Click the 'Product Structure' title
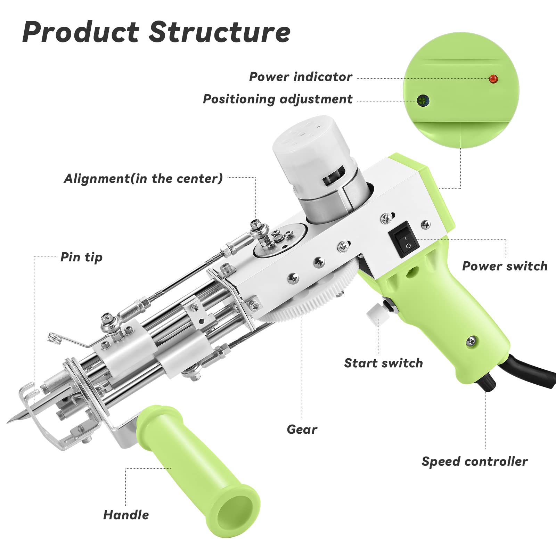coord(156,32)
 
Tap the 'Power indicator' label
coord(301,77)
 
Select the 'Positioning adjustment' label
coord(277,99)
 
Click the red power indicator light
coord(493,79)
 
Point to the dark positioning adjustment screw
coord(423,101)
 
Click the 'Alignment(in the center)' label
coord(143,179)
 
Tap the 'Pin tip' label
coord(81,257)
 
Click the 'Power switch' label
coord(505,266)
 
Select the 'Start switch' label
coord(383,363)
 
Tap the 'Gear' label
coord(302,430)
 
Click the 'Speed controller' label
coord(474,461)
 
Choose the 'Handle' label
coord(126,515)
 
